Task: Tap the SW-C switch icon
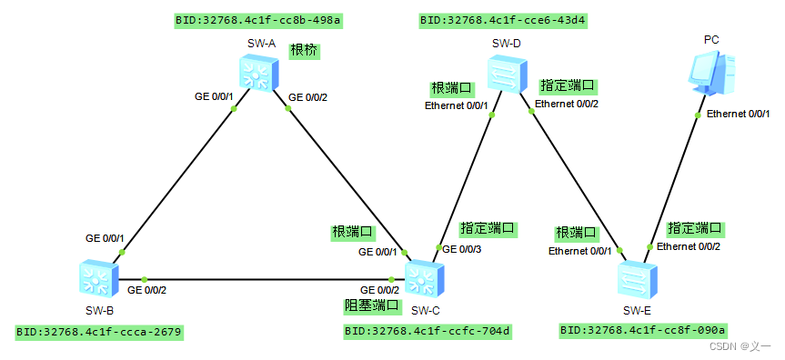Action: coord(423,277)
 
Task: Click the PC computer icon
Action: coord(710,74)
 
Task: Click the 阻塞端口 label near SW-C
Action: coord(370,305)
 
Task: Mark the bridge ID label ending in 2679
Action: coord(99,333)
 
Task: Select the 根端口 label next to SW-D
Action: coord(452,88)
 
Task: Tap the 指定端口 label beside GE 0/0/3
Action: coord(488,228)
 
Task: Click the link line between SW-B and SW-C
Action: coord(264,279)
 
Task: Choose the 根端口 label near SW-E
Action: coord(577,233)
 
